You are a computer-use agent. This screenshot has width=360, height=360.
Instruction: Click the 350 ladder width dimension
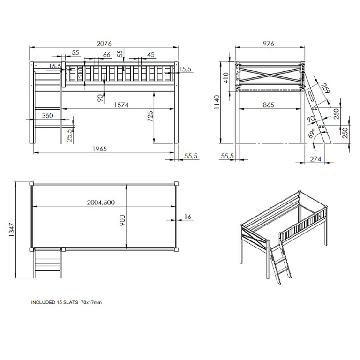click(x=47, y=115)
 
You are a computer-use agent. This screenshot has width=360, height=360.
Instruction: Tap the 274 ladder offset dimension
click(x=315, y=159)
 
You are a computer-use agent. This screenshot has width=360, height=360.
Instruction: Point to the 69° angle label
click(x=312, y=136)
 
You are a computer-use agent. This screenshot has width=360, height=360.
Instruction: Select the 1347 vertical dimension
click(x=11, y=230)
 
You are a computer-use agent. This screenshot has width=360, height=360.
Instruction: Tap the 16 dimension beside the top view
click(x=188, y=217)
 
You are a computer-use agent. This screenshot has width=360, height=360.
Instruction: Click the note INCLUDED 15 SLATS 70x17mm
click(x=67, y=303)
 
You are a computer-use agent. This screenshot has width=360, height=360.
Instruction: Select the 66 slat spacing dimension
click(x=106, y=55)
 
